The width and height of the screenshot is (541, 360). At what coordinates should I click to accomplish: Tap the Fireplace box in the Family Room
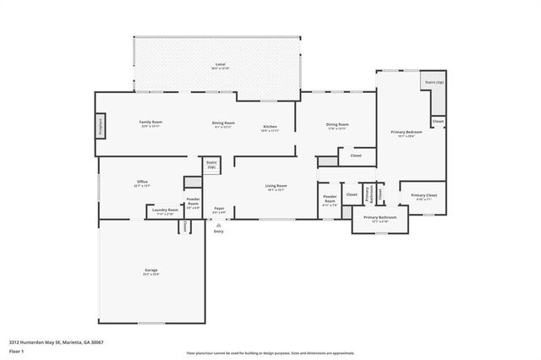point(101,126)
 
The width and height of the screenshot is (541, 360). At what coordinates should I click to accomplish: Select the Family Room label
point(150,123)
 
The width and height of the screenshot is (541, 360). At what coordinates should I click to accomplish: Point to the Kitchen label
point(270,128)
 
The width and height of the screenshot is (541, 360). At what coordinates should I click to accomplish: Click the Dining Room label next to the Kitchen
point(223,124)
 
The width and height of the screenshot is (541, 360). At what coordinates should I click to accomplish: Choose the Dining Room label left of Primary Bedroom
point(337,126)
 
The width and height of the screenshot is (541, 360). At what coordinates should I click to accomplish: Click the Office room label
point(142,183)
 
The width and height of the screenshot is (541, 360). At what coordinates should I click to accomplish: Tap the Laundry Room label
point(165,210)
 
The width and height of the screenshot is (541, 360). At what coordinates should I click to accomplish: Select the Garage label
point(150,271)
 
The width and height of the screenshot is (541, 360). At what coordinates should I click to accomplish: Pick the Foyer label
point(219,209)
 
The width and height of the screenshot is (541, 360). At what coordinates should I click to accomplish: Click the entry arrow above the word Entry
point(219,226)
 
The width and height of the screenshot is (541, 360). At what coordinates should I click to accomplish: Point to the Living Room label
point(276,187)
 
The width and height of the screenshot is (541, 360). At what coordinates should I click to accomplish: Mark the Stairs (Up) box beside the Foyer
point(211,164)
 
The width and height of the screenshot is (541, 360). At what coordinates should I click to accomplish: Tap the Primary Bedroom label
point(406,133)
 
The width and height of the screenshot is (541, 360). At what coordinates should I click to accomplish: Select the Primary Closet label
point(424,197)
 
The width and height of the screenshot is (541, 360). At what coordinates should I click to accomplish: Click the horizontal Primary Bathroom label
point(380,218)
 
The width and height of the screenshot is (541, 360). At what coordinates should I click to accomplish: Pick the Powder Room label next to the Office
point(194,203)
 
